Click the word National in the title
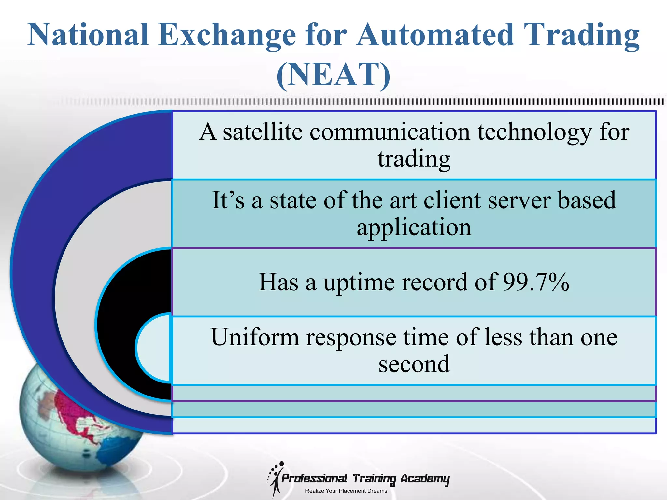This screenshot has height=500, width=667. pyautogui.click(x=88, y=35)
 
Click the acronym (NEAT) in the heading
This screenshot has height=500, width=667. pyautogui.click(x=333, y=75)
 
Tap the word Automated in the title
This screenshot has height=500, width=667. pyautogui.click(x=435, y=35)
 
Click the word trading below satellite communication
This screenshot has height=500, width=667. pyautogui.click(x=414, y=160)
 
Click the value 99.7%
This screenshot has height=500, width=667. pyautogui.click(x=536, y=282)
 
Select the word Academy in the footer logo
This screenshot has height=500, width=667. pyautogui.click(x=425, y=479)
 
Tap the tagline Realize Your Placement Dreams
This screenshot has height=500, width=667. pyautogui.click(x=346, y=491)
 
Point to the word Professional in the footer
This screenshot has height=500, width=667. pyautogui.click(x=314, y=479)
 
